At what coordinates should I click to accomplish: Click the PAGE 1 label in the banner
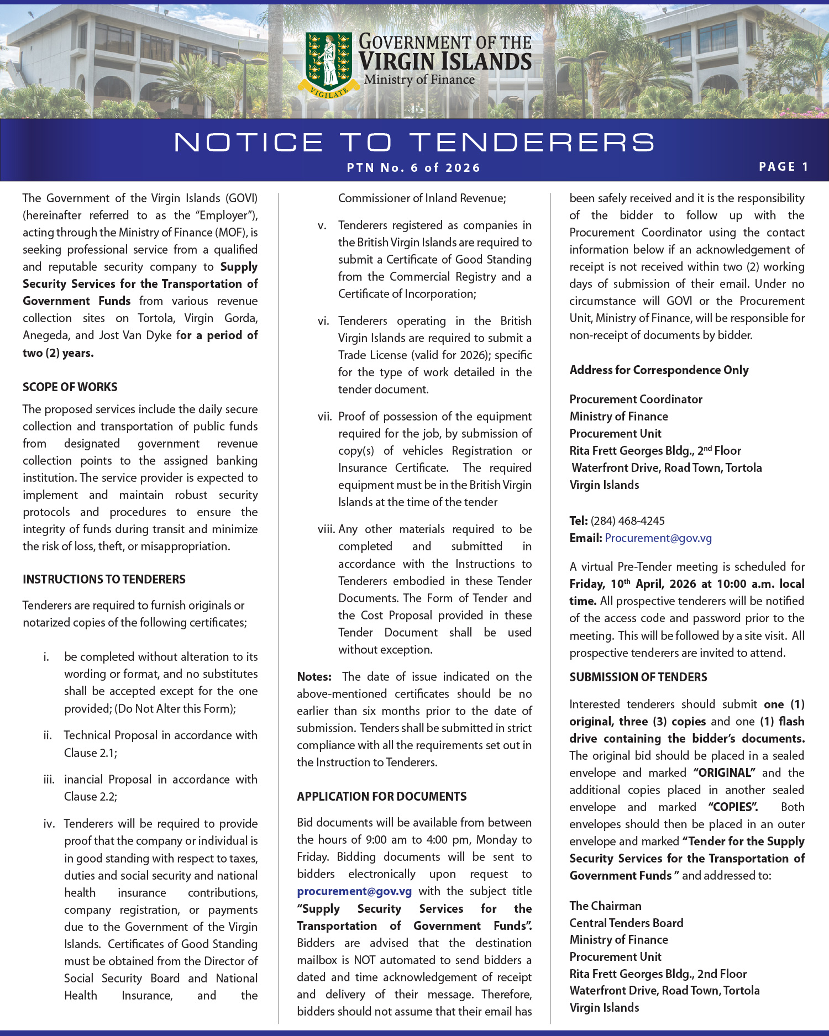tap(783, 167)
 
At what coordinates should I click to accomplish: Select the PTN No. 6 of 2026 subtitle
tap(413, 168)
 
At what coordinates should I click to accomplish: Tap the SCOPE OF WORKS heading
tap(70, 387)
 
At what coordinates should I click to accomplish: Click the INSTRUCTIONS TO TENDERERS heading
tap(104, 579)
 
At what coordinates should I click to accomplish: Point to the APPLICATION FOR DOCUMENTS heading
tap(381, 796)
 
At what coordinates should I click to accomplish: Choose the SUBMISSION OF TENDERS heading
tap(638, 677)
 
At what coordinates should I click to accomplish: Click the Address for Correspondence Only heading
tap(659, 370)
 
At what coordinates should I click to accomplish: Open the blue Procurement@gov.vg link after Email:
tap(658, 538)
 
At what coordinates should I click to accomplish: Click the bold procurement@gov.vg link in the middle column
tap(354, 891)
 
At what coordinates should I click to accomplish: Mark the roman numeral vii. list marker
tap(324, 416)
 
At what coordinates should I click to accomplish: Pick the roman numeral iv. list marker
tap(49, 824)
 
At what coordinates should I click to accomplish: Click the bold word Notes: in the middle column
tap(314, 676)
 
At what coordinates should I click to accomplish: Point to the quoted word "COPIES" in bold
tap(733, 807)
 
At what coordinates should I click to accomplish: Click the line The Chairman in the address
tap(605, 906)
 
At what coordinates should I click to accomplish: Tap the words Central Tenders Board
tap(626, 923)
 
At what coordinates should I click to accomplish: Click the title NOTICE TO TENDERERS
tap(414, 142)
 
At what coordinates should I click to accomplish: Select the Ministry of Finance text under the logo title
tap(419, 80)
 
